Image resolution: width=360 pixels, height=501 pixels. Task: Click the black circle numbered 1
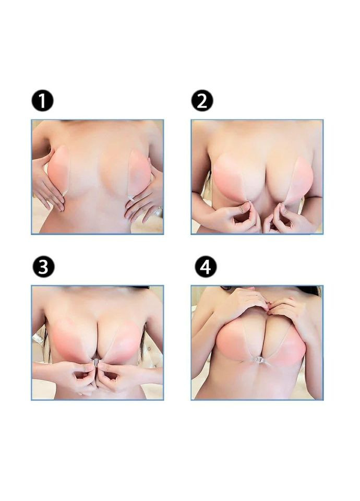click(42, 101)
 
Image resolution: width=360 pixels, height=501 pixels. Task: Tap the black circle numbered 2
click(202, 101)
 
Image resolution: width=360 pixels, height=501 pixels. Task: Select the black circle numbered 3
click(43, 267)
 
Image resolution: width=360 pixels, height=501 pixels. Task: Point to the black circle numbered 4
click(206, 267)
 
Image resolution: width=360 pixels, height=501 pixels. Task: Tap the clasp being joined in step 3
click(96, 362)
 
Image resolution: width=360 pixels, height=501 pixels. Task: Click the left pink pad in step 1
click(59, 169)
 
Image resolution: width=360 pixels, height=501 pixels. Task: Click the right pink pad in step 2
click(298, 181)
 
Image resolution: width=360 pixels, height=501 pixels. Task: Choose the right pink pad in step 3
click(123, 340)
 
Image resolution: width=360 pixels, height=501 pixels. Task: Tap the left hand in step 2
click(238, 216)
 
